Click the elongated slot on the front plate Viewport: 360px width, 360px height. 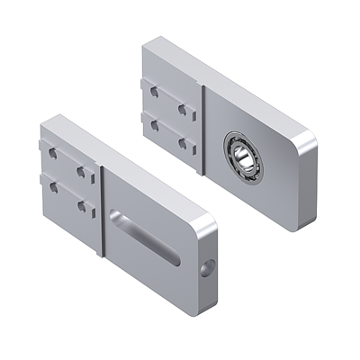point(145,237)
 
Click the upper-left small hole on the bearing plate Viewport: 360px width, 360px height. point(155,92)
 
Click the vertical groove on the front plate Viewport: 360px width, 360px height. point(102,211)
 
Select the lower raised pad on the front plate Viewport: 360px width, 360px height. point(67,200)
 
